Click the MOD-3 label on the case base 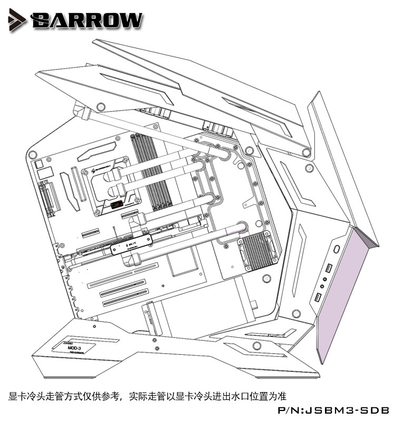point(74,348)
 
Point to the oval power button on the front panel point(336,248)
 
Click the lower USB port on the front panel point(318,299)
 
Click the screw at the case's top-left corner point(32,155)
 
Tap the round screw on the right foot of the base point(257,345)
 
